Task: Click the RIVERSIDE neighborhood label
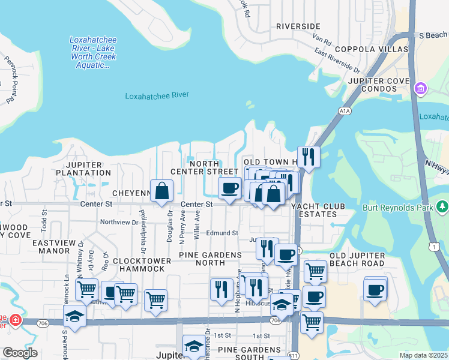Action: [298, 26]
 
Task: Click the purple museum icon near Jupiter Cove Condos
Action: [420, 89]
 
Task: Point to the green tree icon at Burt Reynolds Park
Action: [443, 207]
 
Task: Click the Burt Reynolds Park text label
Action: [398, 208]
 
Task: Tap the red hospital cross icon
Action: [14, 321]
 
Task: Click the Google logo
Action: [20, 353]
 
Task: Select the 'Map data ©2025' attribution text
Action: [423, 355]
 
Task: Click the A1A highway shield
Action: [344, 111]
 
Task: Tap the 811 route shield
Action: [293, 355]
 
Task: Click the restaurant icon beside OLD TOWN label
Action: [309, 157]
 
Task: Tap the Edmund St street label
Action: [223, 233]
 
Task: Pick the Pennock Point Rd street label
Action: [10, 78]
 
